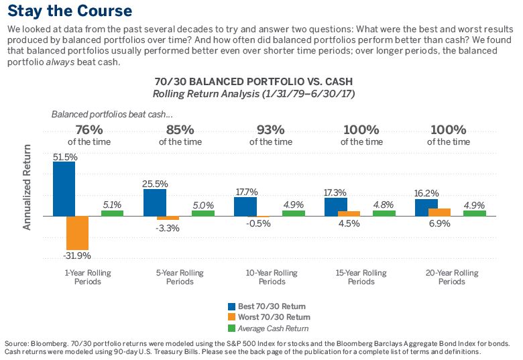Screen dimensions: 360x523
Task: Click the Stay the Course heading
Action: (70, 12)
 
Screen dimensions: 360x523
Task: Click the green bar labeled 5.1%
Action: (112, 213)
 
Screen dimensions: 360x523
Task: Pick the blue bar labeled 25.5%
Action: (155, 202)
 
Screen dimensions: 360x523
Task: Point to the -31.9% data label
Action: (76, 255)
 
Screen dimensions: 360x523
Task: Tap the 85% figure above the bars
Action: (179, 129)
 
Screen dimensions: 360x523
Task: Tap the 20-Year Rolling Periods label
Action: (451, 277)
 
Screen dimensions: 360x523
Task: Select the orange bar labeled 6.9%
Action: (439, 212)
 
